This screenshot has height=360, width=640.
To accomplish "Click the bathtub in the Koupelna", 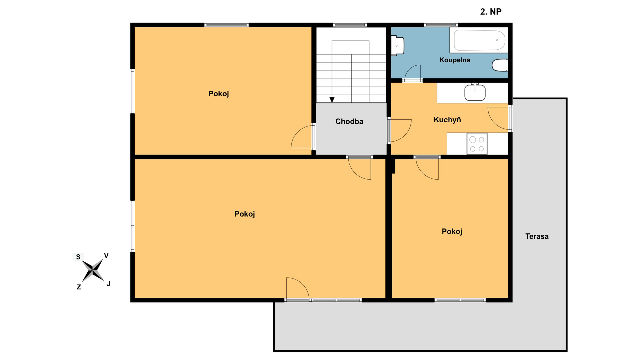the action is coord(479,40).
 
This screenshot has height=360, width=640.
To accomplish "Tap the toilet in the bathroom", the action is coord(500,65).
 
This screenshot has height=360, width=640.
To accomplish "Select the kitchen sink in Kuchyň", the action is coord(475,92).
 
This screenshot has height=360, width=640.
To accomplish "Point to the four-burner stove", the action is coord(477,144).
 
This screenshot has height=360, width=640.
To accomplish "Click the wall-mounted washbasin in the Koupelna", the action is coord(398,45).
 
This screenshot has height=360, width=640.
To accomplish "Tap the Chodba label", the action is coord(349,121).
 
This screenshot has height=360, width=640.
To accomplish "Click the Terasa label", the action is coord(537,236).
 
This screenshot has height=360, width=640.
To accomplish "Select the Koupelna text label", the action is coord(455,60).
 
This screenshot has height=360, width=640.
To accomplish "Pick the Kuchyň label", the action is coord(447,120).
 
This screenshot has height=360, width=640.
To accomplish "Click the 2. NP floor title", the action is coord(491,12).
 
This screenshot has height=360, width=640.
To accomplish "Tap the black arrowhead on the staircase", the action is coord(332,100).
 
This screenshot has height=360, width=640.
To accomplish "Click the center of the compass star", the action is coord(93,270).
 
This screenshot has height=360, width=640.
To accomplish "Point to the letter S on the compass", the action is coord(78,257).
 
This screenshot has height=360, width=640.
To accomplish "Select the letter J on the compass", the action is coord(108,284).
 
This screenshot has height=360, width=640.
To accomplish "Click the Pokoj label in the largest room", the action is coord(244,214).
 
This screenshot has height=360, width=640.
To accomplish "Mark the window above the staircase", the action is coord(350,25).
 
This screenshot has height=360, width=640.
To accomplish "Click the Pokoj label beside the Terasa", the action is coord(452,231).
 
